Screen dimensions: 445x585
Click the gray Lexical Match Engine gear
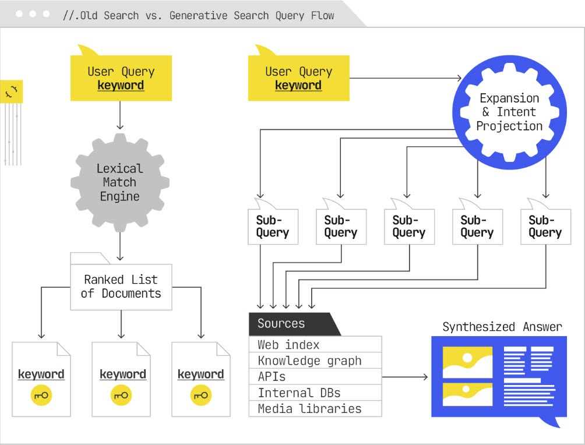pos(120,182)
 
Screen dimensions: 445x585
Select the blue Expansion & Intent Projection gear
pos(509,112)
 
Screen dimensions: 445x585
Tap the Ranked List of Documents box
pos(121,287)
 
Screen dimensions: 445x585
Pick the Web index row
pos(315,344)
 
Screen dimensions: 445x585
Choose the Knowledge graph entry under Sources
pos(315,361)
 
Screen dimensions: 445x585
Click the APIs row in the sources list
pos(315,376)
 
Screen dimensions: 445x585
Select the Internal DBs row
pos(315,393)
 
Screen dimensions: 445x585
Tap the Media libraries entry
pos(315,408)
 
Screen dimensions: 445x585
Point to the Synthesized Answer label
pos(502,327)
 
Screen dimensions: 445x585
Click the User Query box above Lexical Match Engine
pos(121,78)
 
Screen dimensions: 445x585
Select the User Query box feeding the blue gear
pos(298,78)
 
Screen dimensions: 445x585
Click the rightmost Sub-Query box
pos(545,227)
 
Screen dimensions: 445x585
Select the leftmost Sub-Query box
pos(273,227)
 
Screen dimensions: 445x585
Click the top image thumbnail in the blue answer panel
pos(467,362)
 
